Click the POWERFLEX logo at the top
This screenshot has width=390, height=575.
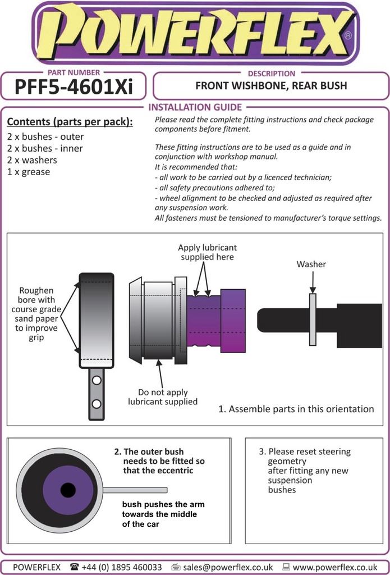[195, 33]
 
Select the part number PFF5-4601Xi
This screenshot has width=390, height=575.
[73, 88]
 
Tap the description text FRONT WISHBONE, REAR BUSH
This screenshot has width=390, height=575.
[271, 86]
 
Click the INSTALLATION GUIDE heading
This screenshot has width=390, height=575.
[195, 107]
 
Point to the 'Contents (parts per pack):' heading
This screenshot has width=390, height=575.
[70, 122]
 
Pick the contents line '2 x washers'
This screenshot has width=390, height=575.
[32, 160]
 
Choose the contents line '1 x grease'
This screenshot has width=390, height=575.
[29, 172]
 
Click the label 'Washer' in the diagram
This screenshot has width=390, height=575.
[311, 264]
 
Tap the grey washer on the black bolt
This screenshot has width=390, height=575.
[313, 319]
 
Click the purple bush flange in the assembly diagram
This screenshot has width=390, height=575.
[233, 321]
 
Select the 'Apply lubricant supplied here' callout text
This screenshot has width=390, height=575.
[207, 252]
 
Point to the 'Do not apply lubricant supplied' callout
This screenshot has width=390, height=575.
[163, 397]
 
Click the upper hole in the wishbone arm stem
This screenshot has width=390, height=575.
[97, 381]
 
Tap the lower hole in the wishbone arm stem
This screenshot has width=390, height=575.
[97, 403]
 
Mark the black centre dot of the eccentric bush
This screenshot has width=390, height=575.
[68, 490]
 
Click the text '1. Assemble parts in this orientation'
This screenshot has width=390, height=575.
[296, 409]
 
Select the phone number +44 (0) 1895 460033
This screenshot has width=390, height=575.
[121, 567]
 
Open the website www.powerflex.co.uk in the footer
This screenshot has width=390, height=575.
[335, 567]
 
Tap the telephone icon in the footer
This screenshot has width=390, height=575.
[75, 567]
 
